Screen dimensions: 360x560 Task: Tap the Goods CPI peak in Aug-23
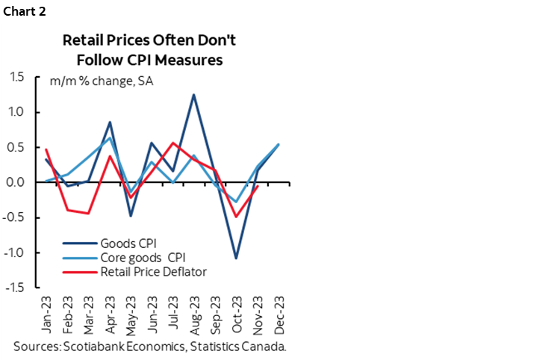coord(194,95)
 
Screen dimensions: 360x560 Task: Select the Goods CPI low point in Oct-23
coord(237,258)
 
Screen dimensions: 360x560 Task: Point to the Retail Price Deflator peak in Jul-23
coord(173,143)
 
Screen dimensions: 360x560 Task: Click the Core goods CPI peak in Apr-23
coord(111,137)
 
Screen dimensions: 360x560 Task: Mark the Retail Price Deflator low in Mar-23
coord(89,214)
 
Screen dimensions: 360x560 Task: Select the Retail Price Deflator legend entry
coord(153,272)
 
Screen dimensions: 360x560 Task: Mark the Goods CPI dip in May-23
coord(131,216)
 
